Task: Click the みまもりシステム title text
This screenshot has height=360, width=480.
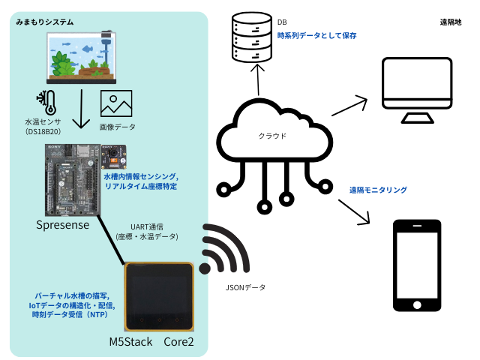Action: click(x=45, y=22)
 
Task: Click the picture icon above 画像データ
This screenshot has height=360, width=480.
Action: click(x=115, y=104)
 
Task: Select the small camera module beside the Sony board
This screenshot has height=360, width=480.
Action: click(x=114, y=158)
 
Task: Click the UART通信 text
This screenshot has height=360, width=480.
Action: click(x=146, y=226)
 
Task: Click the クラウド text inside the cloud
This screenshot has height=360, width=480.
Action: click(x=272, y=137)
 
